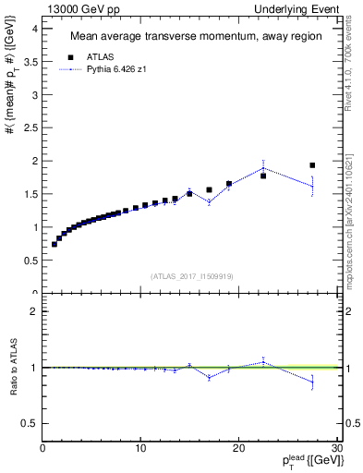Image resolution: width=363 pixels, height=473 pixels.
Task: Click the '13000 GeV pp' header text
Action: (77, 8)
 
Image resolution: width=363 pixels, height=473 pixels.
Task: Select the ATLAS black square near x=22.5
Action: (263, 176)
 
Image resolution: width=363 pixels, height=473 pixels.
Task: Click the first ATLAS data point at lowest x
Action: (54, 244)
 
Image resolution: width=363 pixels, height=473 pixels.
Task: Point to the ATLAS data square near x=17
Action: (210, 189)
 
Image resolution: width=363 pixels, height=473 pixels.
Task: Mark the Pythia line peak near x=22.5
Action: (263, 168)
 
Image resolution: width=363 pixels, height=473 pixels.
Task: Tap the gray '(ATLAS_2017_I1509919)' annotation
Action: (191, 276)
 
